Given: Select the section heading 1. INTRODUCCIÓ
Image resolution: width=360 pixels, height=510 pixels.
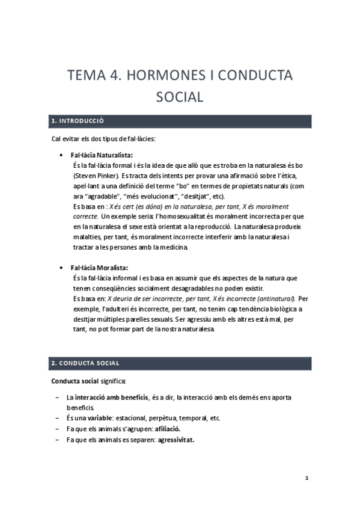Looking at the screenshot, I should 78,121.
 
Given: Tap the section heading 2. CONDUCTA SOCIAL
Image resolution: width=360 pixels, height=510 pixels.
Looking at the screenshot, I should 85,363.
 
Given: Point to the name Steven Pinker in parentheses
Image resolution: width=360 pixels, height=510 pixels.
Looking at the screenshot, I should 97,175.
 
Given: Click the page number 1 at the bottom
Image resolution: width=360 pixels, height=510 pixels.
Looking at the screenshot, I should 307,479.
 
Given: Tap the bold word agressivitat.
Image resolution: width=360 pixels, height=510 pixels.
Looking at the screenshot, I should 177,438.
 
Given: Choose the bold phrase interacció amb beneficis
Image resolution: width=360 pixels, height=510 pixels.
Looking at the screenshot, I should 111,398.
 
